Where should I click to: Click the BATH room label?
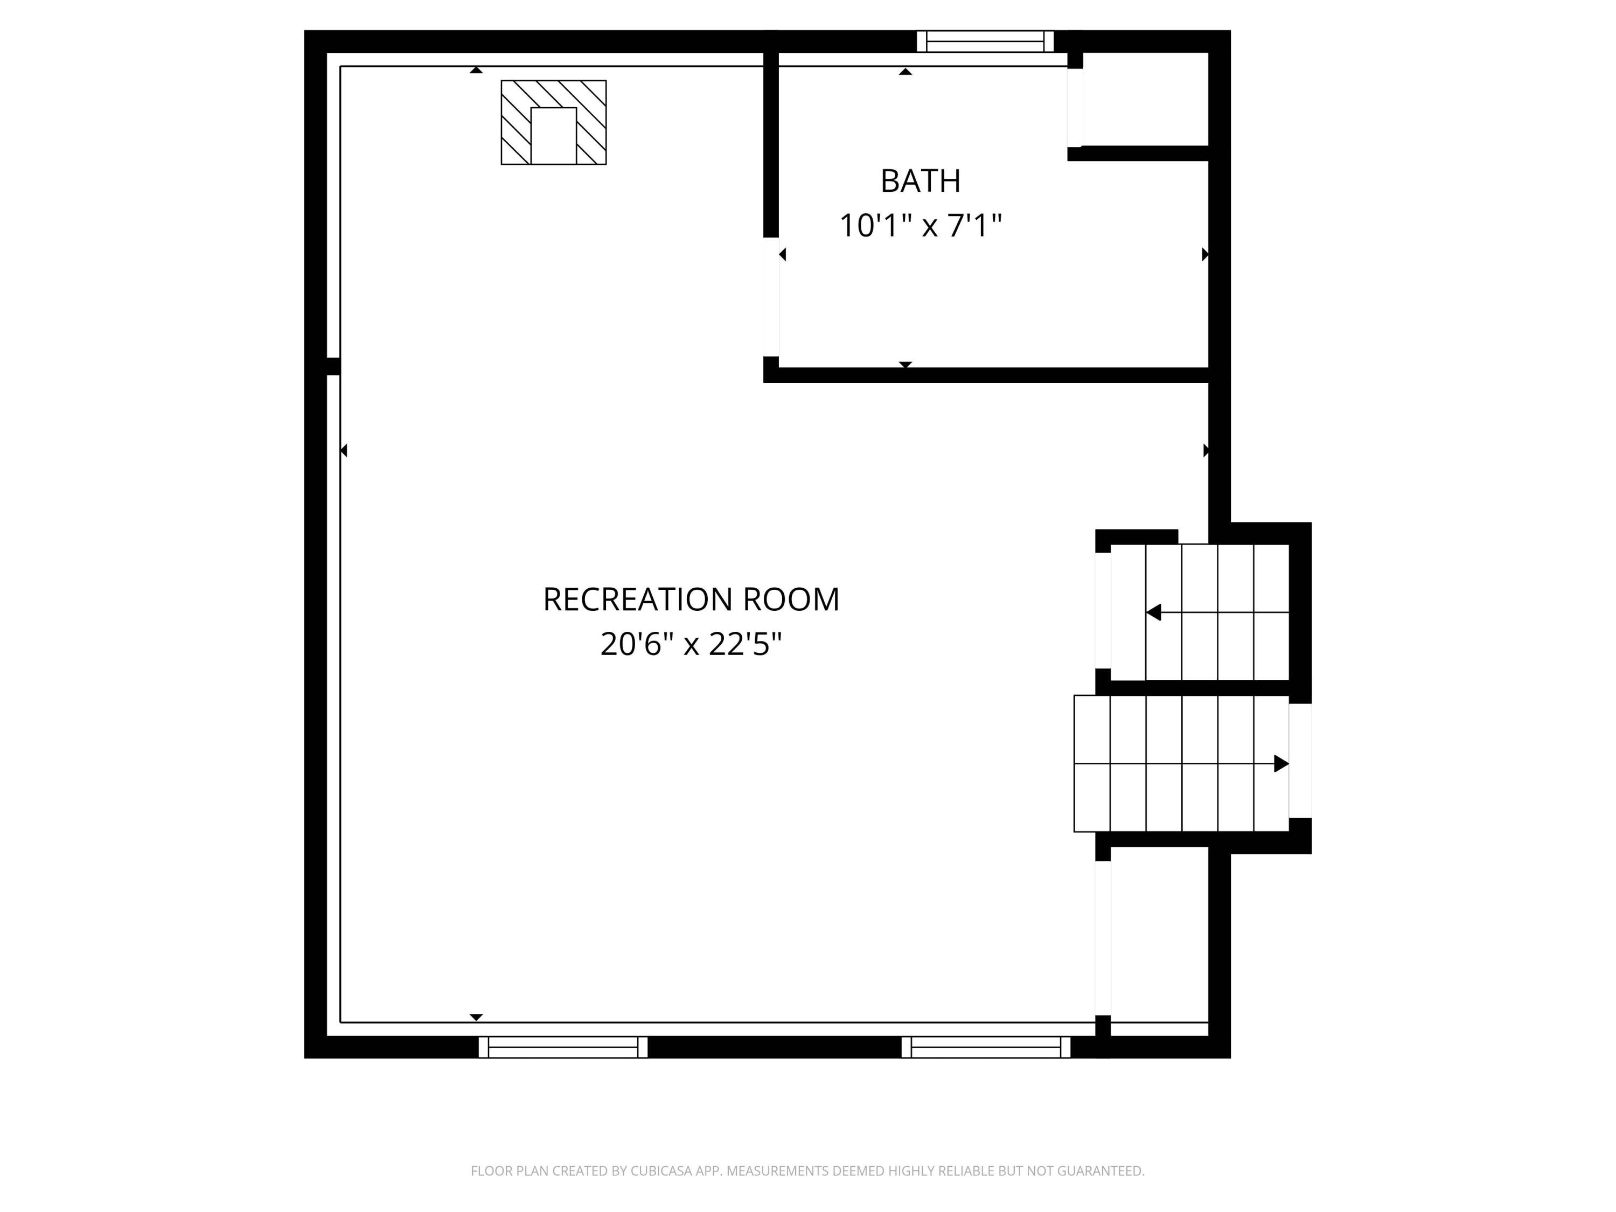click(x=920, y=181)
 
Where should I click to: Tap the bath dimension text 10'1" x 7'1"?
click(x=920, y=225)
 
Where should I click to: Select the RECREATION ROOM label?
click(x=691, y=600)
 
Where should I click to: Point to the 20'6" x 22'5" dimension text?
click(x=691, y=644)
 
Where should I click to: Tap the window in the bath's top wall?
click(x=986, y=41)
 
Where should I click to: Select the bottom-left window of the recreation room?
click(x=563, y=1047)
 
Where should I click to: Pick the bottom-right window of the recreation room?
click(x=986, y=1047)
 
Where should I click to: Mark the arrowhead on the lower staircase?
click(x=1281, y=763)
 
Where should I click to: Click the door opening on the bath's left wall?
click(x=771, y=297)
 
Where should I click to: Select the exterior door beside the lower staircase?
click(x=1300, y=761)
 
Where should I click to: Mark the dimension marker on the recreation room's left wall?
click(x=343, y=451)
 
